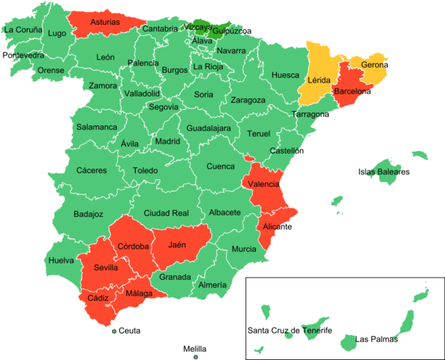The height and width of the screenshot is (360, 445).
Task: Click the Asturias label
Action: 105,22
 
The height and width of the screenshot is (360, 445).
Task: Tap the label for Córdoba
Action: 134,246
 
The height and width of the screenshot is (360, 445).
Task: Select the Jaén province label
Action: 177,244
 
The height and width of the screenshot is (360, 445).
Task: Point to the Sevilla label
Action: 106,268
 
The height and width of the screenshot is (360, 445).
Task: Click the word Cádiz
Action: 98,298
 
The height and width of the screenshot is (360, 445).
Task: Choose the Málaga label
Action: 139,293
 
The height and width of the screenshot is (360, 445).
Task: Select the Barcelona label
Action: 353,91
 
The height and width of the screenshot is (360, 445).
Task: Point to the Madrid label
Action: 167,141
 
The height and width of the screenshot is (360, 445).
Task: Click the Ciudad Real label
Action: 166,213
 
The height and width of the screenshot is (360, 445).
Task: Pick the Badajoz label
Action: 89,214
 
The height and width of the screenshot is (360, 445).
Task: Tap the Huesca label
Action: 285,75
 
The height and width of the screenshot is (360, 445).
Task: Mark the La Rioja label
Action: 208,67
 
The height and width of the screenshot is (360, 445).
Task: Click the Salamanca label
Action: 96,127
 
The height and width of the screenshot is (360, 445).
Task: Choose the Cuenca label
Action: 221,166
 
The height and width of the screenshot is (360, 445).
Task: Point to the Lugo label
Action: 56,33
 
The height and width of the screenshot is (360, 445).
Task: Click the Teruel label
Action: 258,134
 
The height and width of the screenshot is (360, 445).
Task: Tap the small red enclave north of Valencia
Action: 248,157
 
